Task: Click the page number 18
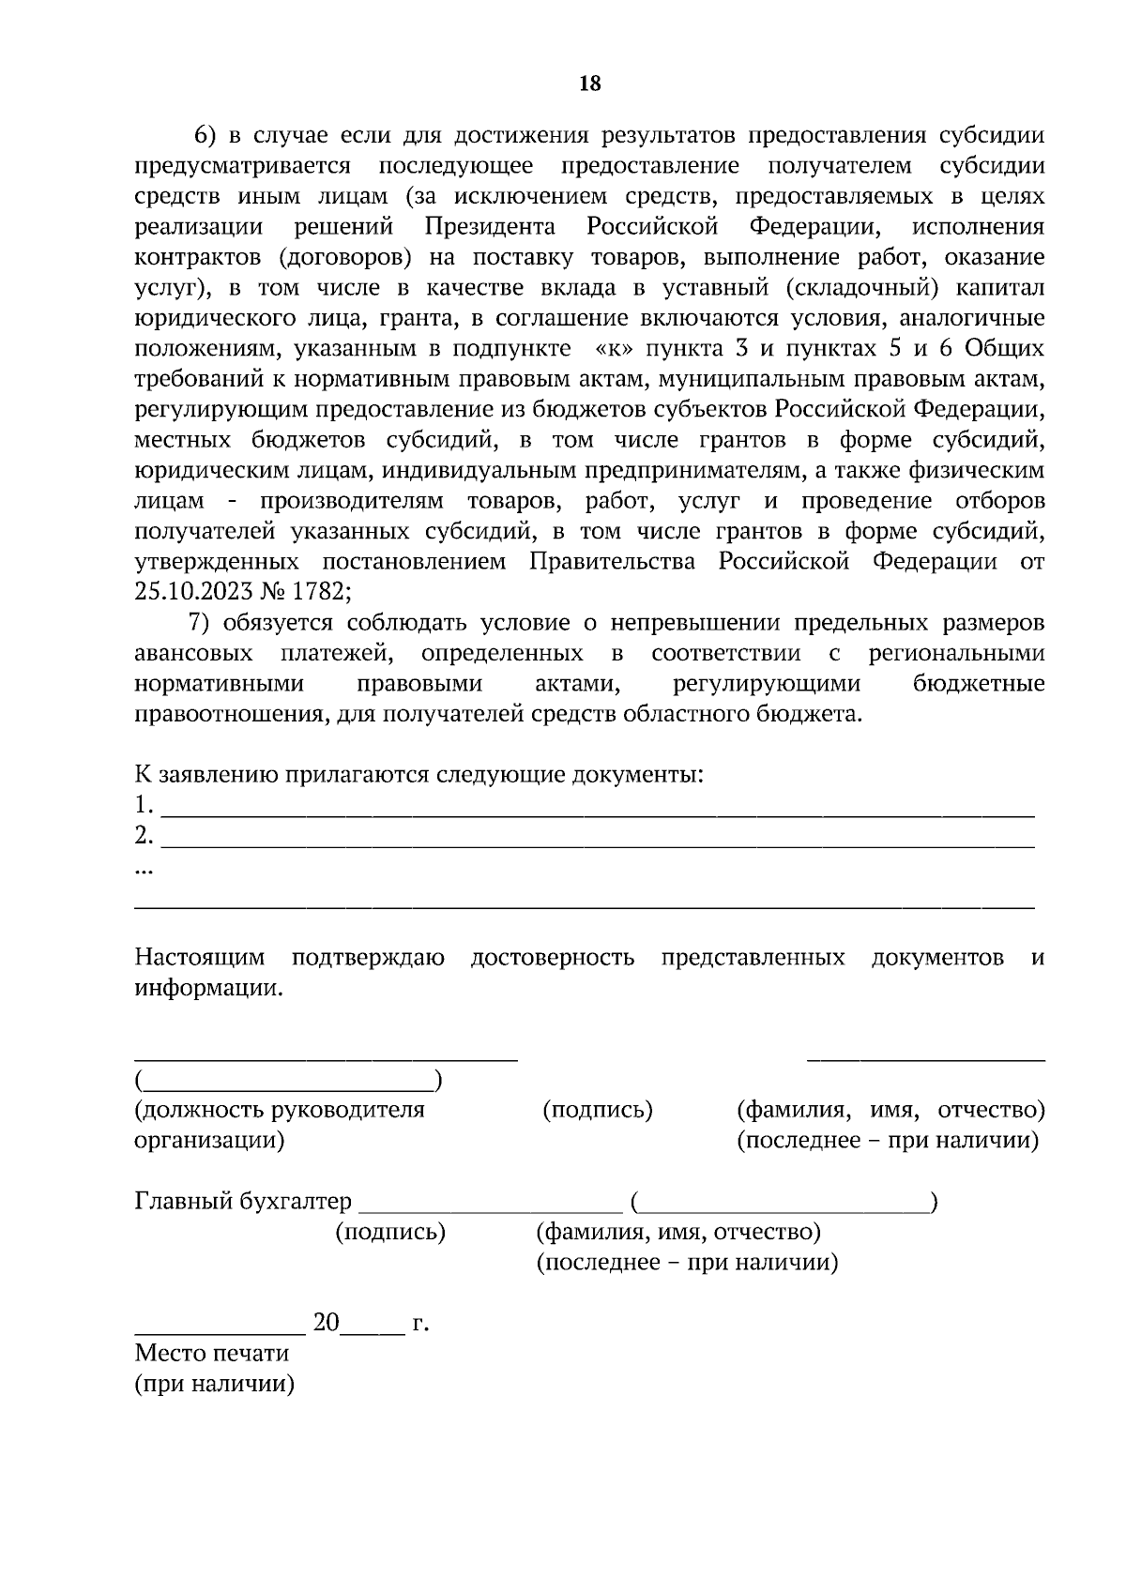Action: (589, 83)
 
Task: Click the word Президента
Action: (489, 227)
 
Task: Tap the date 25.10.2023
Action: (188, 592)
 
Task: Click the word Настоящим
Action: (200, 958)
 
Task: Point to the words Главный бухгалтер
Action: (243, 1202)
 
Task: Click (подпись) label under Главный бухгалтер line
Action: (390, 1233)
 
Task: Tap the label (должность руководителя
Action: (280, 1110)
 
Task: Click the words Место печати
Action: (212, 1353)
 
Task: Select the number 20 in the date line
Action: (326, 1323)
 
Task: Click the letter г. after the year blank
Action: (420, 1324)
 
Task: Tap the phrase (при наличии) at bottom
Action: (215, 1384)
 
